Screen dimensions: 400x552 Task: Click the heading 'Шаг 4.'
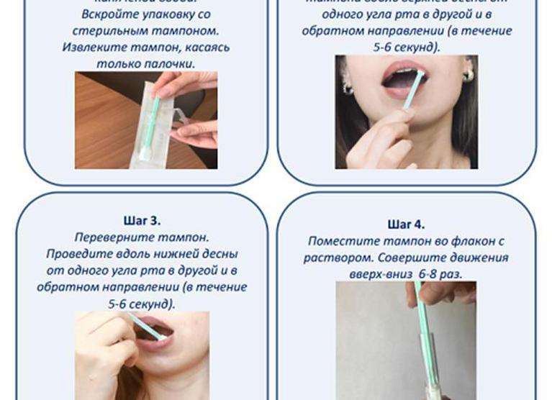point(406,224)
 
